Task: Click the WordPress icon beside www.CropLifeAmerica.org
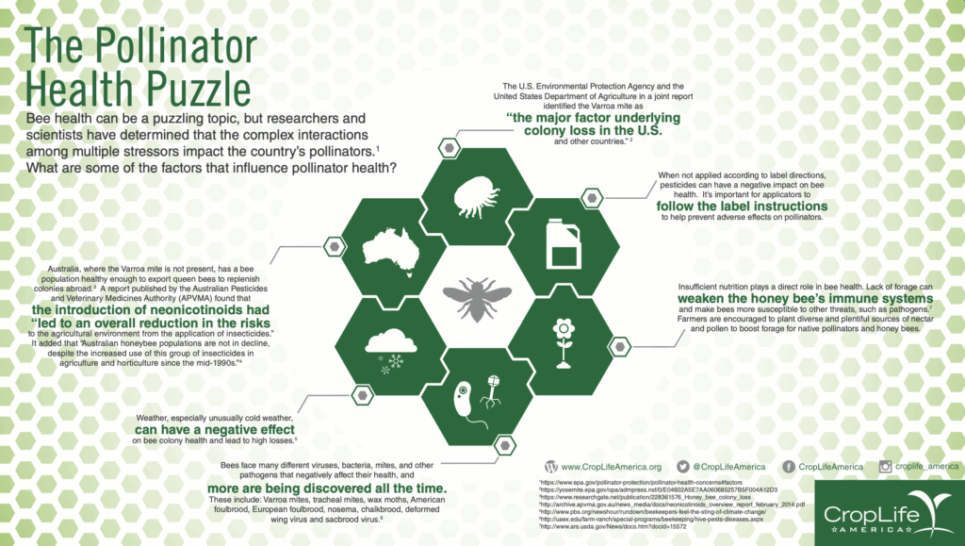[x=551, y=467]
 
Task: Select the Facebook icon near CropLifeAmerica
[x=787, y=467]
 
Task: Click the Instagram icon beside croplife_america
[x=885, y=467]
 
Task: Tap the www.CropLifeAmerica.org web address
[x=612, y=467]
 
